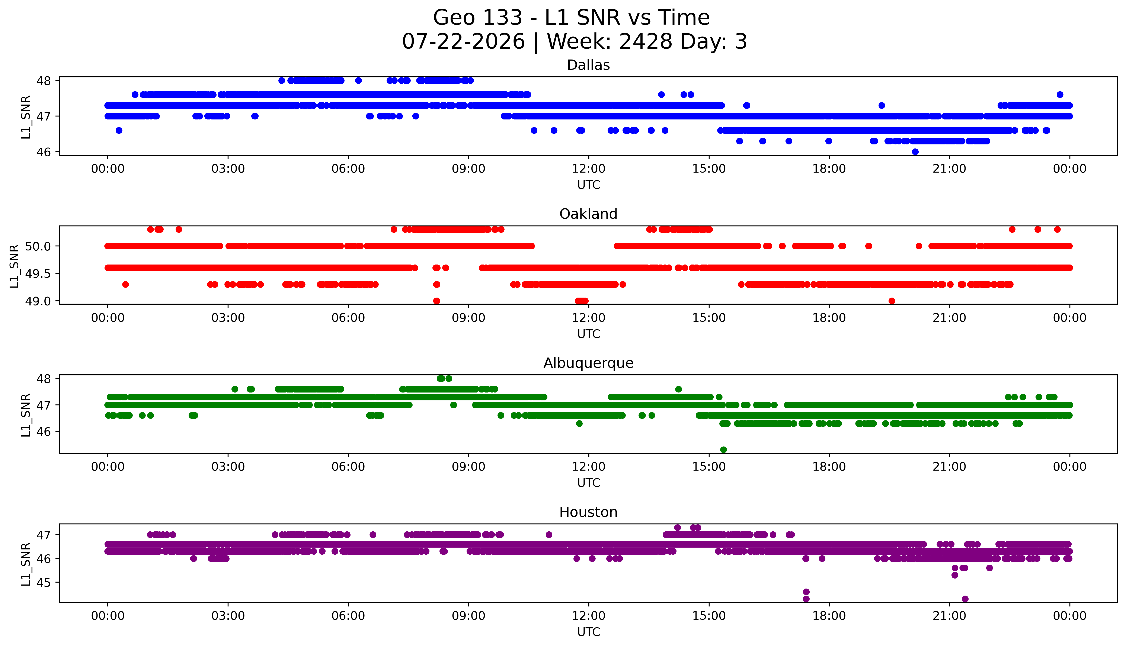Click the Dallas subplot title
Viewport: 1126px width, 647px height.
click(x=588, y=65)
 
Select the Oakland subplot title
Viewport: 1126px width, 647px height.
click(x=588, y=214)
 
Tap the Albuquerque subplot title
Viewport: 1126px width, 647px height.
click(x=588, y=363)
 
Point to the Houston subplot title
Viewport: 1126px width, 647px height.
click(x=588, y=512)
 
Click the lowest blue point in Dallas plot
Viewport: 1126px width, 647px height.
click(x=915, y=151)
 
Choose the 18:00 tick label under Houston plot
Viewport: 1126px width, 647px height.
click(x=829, y=616)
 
